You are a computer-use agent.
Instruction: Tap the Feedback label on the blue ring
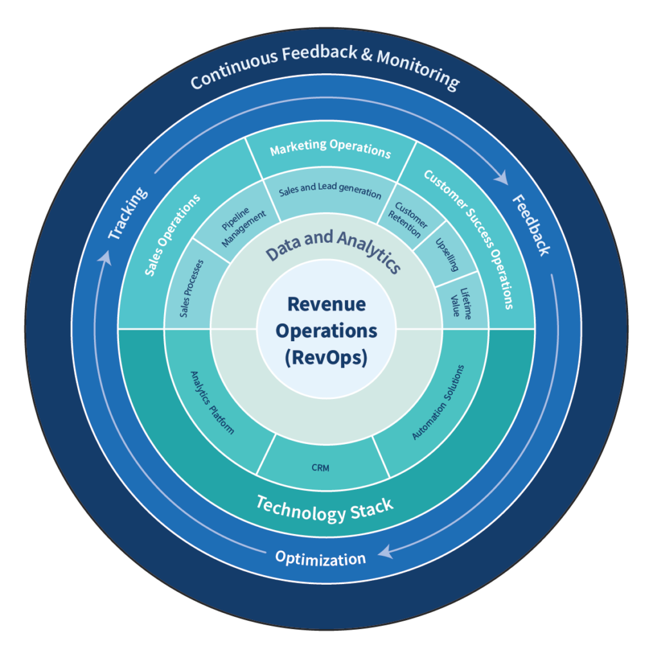click(x=531, y=226)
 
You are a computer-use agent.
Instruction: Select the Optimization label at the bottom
click(x=320, y=558)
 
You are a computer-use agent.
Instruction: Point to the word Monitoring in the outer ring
click(x=418, y=70)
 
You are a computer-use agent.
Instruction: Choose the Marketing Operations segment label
click(x=330, y=148)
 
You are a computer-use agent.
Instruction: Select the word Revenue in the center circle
click(x=326, y=304)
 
